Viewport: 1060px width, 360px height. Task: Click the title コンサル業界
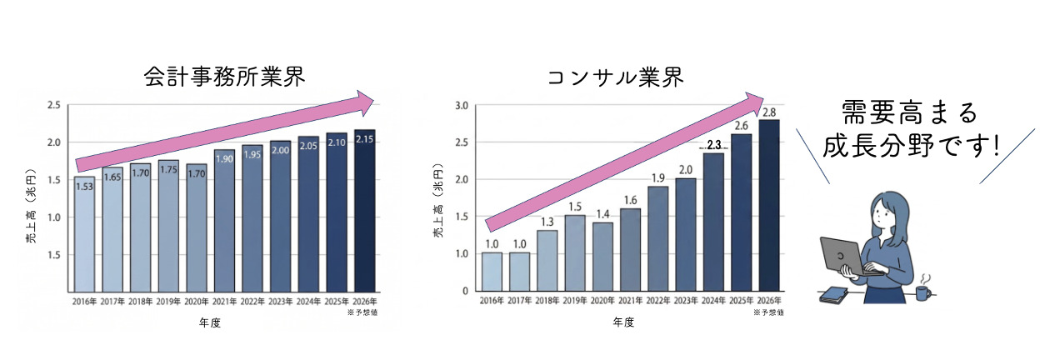(x=616, y=77)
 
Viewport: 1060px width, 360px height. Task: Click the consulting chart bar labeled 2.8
(x=769, y=205)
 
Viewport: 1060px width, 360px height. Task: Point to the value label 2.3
(x=714, y=145)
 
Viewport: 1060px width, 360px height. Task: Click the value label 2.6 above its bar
(x=742, y=126)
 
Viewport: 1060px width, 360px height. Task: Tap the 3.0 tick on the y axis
(x=460, y=105)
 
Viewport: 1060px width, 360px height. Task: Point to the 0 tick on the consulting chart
(x=464, y=291)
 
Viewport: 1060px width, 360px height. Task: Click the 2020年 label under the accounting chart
(x=197, y=301)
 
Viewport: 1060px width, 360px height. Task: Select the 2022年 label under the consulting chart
(x=658, y=301)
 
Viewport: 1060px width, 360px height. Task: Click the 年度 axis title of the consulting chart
(x=625, y=322)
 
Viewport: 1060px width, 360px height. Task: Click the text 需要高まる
(x=908, y=112)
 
